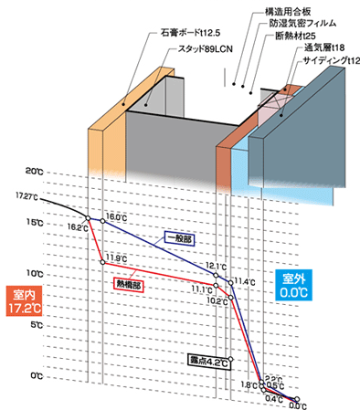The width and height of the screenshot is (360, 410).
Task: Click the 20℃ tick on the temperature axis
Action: pos(34,171)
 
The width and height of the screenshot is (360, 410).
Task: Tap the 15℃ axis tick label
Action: pos(34,222)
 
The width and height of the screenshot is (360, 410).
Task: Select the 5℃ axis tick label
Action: pos(34,324)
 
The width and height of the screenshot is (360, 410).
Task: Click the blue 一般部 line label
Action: pos(179,238)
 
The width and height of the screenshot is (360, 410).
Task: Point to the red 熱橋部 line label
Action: pos(127,284)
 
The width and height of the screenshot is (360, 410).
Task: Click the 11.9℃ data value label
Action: pos(116,258)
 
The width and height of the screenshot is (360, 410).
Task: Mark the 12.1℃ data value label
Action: pos(216,267)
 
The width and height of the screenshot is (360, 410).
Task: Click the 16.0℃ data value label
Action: pos(116,216)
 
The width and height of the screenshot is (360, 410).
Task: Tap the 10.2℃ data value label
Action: pos(217,300)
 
